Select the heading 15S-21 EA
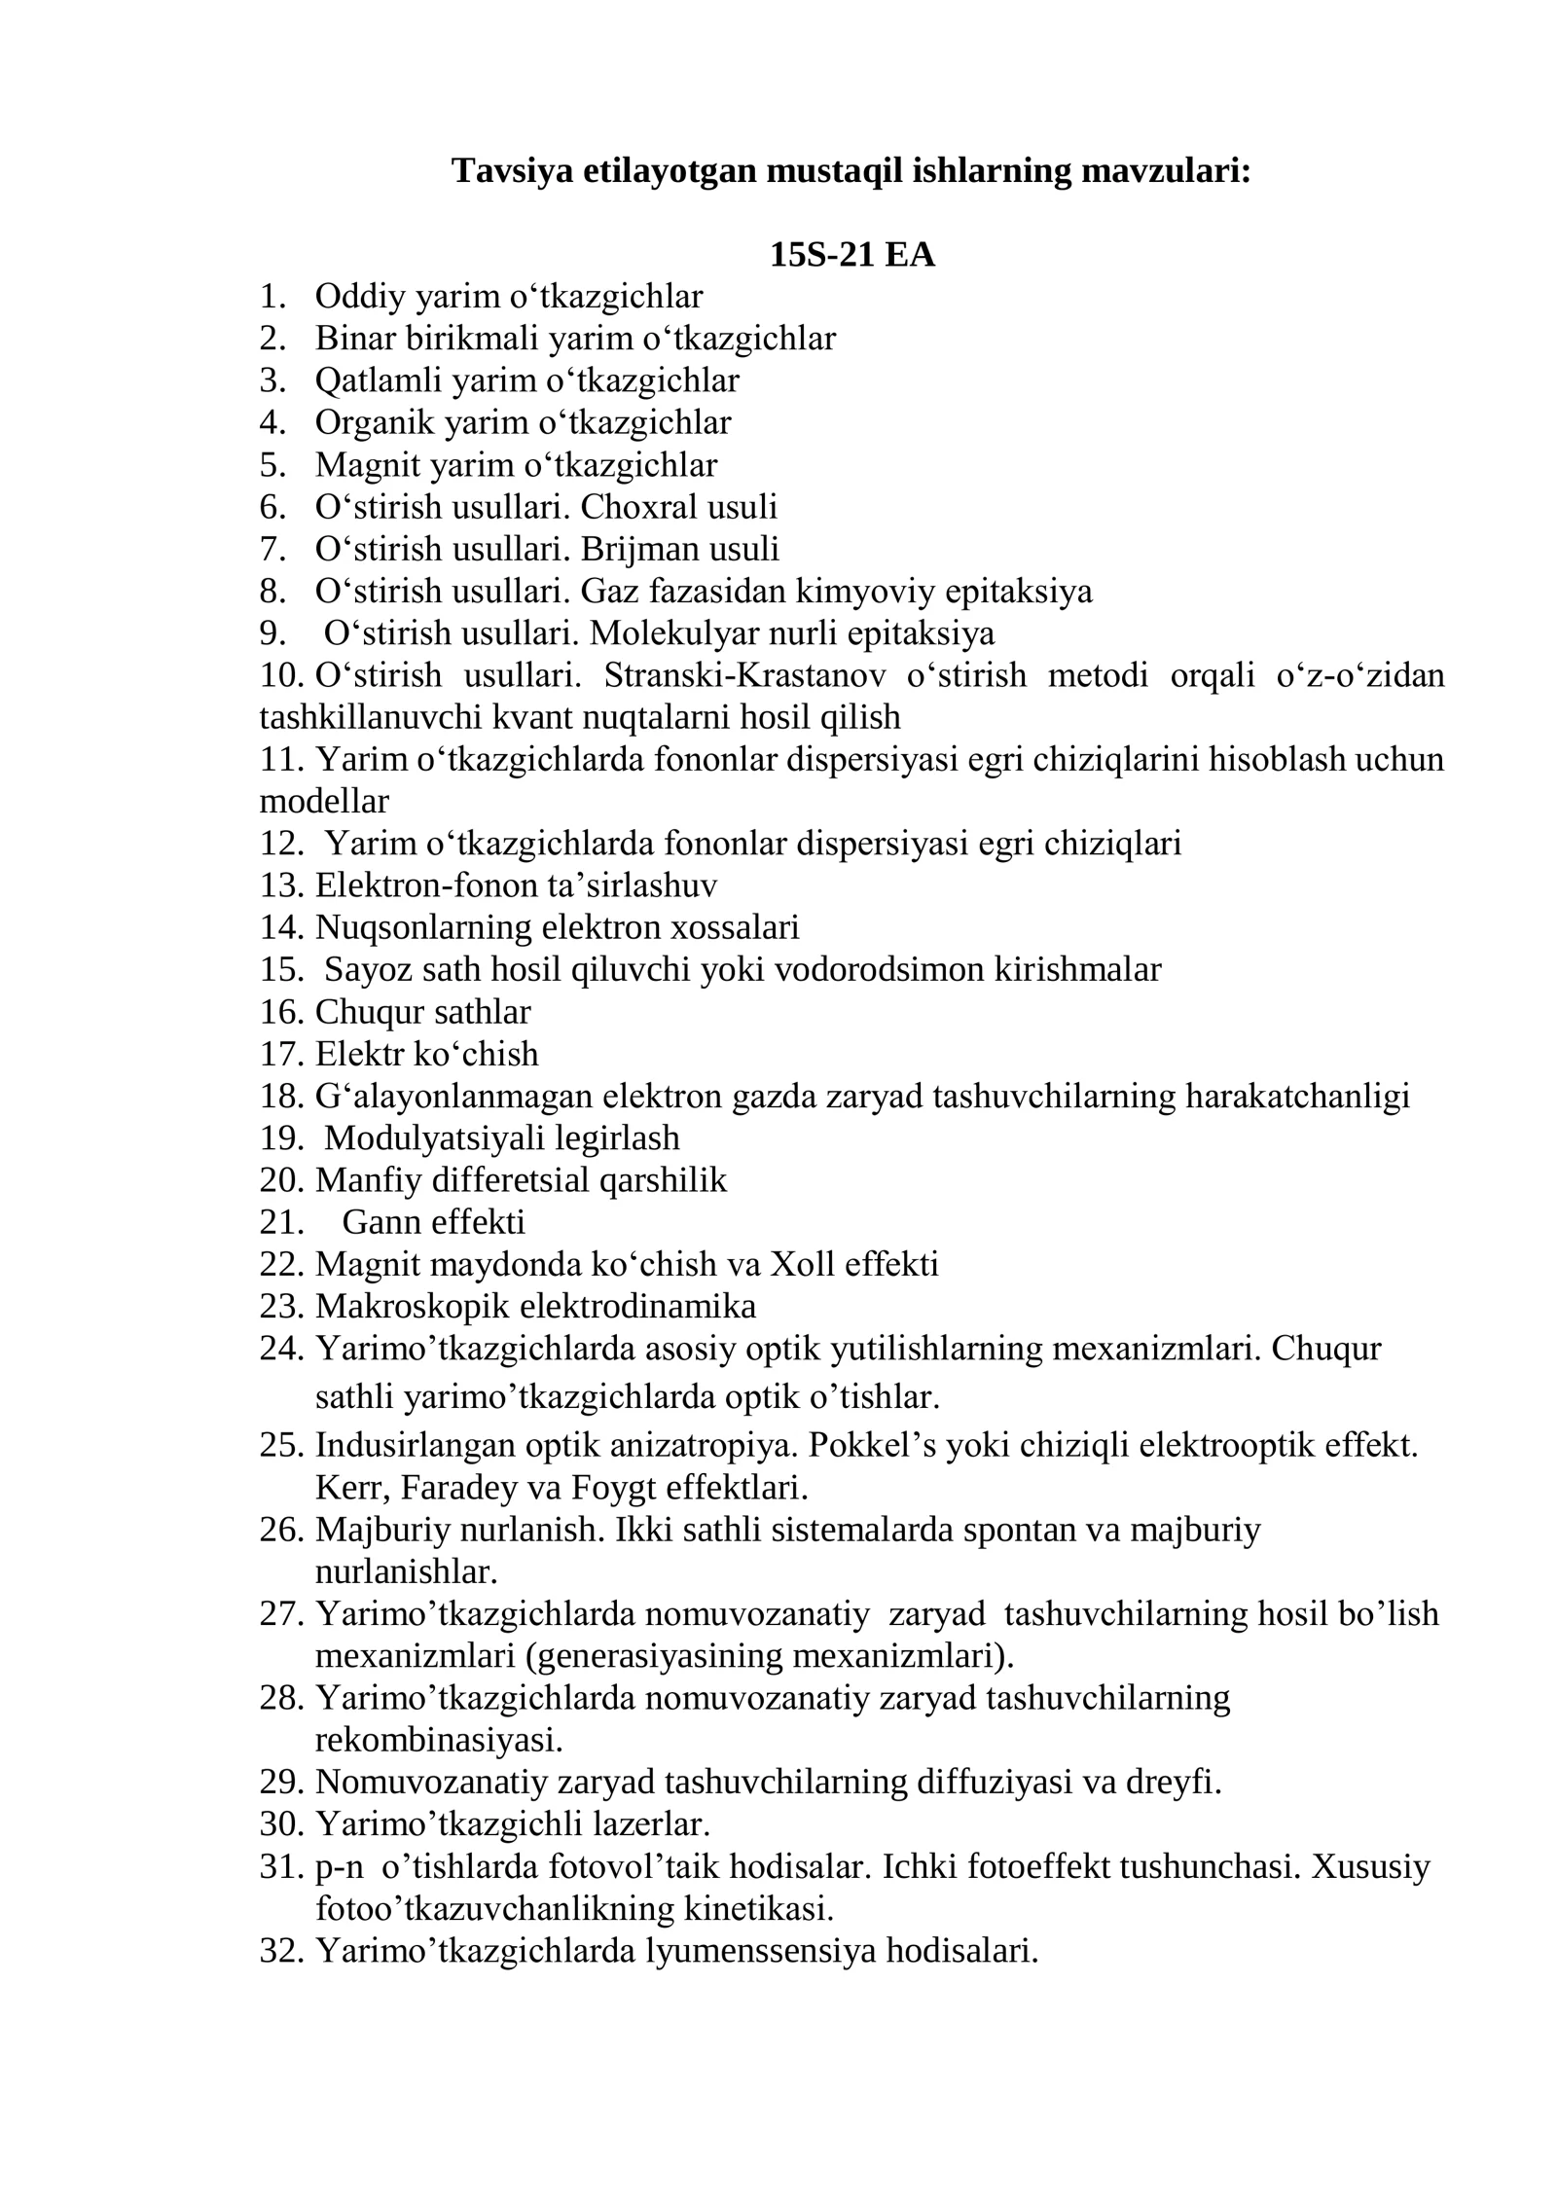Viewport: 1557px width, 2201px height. [x=851, y=255]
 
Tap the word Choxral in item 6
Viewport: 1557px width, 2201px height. [x=634, y=507]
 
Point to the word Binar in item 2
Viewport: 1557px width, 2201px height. [x=354, y=339]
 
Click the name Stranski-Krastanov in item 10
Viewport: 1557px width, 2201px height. [x=744, y=675]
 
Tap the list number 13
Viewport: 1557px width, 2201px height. [x=281, y=885]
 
